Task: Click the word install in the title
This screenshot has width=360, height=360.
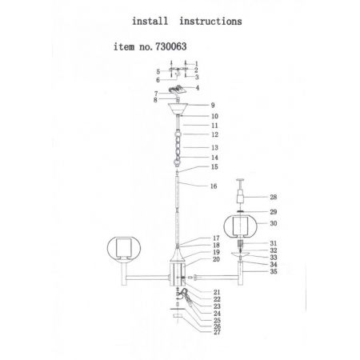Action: pyautogui.click(x=150, y=21)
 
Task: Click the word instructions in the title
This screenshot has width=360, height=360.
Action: pyautogui.click(x=210, y=21)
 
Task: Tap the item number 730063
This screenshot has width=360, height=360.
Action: pyautogui.click(x=171, y=46)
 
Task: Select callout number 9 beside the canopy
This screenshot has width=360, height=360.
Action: pyautogui.click(x=213, y=105)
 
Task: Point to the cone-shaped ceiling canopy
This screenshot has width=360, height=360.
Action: pyautogui.click(x=178, y=108)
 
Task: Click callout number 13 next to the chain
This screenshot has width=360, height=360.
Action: pyautogui.click(x=214, y=147)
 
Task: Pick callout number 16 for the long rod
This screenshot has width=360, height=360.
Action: pyautogui.click(x=214, y=186)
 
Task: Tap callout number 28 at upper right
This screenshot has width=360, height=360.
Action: pyautogui.click(x=274, y=197)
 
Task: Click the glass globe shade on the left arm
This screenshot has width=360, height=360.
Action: pyautogui.click(x=124, y=248)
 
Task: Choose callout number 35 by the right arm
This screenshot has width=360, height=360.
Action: pyautogui.click(x=274, y=271)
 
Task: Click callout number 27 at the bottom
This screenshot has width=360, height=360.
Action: pyautogui.click(x=217, y=332)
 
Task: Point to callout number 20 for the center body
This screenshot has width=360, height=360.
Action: pyautogui.click(x=216, y=259)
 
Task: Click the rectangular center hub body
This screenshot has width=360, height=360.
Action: pyautogui.click(x=178, y=274)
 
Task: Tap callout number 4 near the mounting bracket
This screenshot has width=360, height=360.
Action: pyautogui.click(x=198, y=87)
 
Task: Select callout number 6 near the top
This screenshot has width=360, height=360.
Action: pyautogui.click(x=158, y=80)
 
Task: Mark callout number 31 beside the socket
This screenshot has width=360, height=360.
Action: pyautogui.click(x=274, y=243)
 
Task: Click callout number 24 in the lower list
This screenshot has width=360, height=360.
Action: pyautogui.click(x=217, y=314)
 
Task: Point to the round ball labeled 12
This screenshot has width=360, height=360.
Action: pyautogui.click(x=178, y=134)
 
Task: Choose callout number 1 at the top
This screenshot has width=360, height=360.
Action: pyautogui.click(x=197, y=64)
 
